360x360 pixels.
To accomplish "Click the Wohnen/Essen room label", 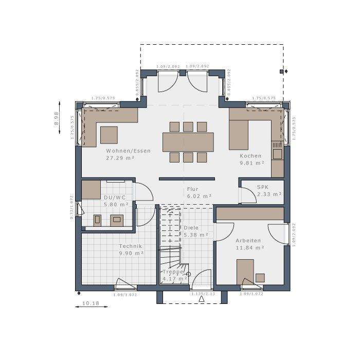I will pyautogui.click(x=128, y=151).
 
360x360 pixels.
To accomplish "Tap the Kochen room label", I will pyautogui.click(x=250, y=156).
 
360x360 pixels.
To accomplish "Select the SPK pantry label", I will pyautogui.click(x=262, y=187).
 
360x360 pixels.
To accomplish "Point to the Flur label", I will pyautogui.click(x=192, y=189).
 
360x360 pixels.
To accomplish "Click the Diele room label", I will pyautogui.click(x=191, y=228).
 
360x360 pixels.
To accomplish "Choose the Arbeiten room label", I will pyautogui.click(x=248, y=240).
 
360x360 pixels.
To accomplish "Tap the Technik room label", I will pyautogui.click(x=131, y=246).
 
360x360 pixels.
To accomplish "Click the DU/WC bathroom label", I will pyautogui.click(x=115, y=197).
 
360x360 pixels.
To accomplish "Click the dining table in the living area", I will pyautogui.click(x=188, y=142).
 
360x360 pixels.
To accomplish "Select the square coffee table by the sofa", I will pyautogui.click(x=109, y=135).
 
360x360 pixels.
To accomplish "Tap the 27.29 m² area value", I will pyautogui.click(x=120, y=158).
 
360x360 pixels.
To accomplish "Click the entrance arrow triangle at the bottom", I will pyautogui.click(x=202, y=299).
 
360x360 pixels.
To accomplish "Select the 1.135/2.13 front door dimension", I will pyautogui.click(x=203, y=294).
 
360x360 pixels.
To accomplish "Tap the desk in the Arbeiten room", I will pyautogui.click(x=245, y=271).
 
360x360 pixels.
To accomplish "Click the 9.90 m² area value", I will pyautogui.click(x=131, y=254).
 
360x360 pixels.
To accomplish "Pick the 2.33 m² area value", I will pyautogui.click(x=269, y=194).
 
